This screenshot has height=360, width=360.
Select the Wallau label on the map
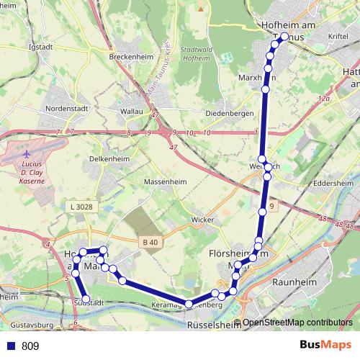(x=132, y=112)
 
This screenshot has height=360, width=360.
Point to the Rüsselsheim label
(x=214, y=325)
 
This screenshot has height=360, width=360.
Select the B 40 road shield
(x=150, y=243)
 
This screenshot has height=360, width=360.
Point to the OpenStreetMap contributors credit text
(x=297, y=323)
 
